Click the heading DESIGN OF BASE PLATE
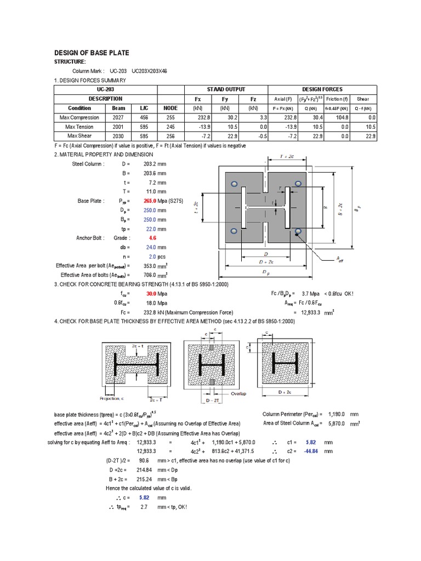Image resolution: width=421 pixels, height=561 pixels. [92, 53]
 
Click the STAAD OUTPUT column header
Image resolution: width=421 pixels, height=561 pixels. [226, 89]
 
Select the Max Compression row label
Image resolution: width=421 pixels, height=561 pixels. [79, 117]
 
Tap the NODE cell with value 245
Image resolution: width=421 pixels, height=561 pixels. [170, 127]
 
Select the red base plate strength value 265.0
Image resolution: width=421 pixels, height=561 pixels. [150, 201]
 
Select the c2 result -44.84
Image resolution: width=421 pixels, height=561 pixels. [309, 451]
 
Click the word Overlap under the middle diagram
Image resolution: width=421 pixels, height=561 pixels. [238, 393]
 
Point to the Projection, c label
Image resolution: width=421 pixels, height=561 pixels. [112, 398]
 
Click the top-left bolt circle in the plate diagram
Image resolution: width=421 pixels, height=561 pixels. [234, 184]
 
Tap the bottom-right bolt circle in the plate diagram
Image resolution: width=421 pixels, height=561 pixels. [298, 232]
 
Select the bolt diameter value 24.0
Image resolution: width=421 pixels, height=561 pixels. [151, 248]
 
